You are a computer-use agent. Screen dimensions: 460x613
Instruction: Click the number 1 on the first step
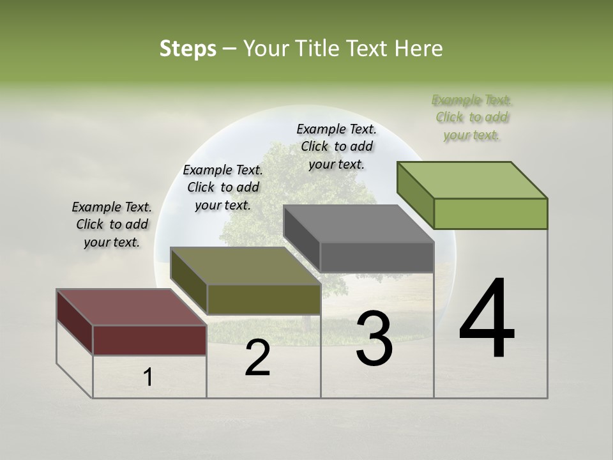pyautogui.click(x=148, y=377)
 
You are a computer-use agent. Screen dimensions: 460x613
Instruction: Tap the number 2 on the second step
pyautogui.click(x=257, y=358)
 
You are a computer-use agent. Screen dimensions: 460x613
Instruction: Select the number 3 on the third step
pyautogui.click(x=374, y=339)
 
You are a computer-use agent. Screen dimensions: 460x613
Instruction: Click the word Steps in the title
pyautogui.click(x=188, y=49)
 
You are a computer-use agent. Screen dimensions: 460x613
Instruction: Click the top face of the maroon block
pyautogui.click(x=131, y=307)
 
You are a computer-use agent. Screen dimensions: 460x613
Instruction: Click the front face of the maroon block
pyautogui.click(x=149, y=340)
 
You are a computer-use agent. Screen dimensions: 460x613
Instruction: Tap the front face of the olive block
pyautogui.click(x=264, y=299)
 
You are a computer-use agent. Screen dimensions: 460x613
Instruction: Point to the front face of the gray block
pyautogui.click(x=377, y=257)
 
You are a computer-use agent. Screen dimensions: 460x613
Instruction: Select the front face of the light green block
pyautogui.click(x=490, y=213)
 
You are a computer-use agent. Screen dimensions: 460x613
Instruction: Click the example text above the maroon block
pyautogui.click(x=112, y=224)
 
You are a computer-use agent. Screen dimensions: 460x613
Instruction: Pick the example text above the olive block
pyautogui.click(x=223, y=187)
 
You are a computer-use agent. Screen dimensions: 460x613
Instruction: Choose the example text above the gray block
pyautogui.click(x=337, y=146)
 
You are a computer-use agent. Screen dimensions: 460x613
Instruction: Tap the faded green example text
pyautogui.click(x=472, y=117)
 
